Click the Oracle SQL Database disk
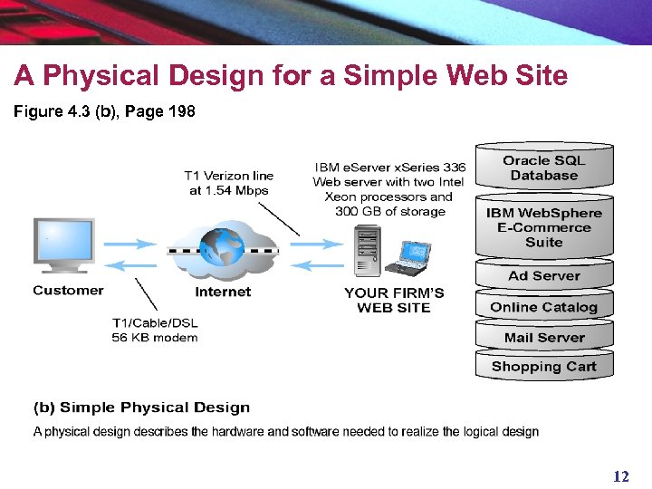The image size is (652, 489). (543, 168)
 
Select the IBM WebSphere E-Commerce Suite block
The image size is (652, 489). (543, 227)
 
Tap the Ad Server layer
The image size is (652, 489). (543, 276)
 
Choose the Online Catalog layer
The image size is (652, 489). (543, 307)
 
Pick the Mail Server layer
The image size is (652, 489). (543, 338)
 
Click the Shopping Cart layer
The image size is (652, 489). (543, 367)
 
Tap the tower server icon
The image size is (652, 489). (367, 250)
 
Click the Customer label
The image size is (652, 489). (68, 291)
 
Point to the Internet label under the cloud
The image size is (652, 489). (223, 292)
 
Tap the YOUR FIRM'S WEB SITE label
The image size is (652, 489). (394, 300)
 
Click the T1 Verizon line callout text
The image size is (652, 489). (228, 183)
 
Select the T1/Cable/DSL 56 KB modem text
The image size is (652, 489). (155, 331)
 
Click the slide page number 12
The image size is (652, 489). (620, 476)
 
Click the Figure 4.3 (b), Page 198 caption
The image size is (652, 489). (104, 112)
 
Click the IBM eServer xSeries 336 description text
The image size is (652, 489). (389, 189)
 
